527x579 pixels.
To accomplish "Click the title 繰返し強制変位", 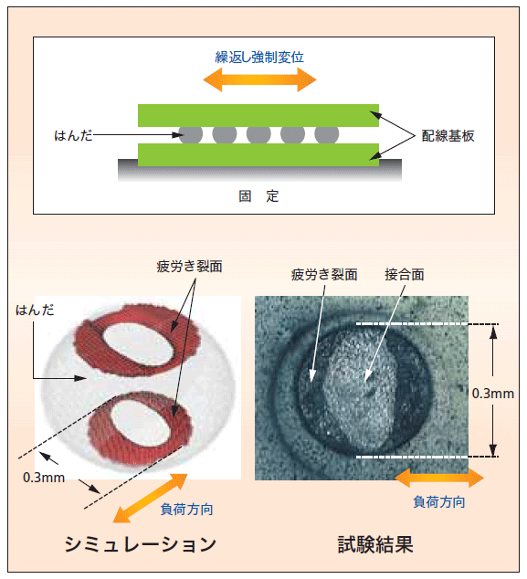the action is coord(259,58).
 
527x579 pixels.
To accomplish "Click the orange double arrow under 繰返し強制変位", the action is coord(259,79).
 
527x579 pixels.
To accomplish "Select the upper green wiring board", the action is coord(258,116).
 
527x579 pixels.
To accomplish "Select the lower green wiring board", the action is coord(258,155).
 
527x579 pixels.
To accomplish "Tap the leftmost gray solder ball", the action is coord(191,135).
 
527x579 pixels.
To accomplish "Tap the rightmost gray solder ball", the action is coord(326,135).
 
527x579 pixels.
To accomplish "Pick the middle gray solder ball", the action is coord(258,135).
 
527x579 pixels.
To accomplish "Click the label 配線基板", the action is coord(448,136).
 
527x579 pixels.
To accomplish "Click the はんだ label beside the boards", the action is coord(73,135).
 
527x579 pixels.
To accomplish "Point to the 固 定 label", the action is coord(258,196).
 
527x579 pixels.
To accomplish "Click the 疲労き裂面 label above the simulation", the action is coord(189,267).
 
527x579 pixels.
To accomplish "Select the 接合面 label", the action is coord(405,275).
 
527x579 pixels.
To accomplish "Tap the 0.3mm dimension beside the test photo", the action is coord(493,394).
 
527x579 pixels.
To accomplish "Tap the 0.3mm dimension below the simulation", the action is coord(44,478).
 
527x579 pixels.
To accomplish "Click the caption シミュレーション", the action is coord(141,544).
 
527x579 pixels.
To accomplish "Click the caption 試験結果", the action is coord(375,544).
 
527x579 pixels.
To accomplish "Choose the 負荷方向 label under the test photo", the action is coord(439,502).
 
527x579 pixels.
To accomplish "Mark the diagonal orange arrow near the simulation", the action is coord(151,498).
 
